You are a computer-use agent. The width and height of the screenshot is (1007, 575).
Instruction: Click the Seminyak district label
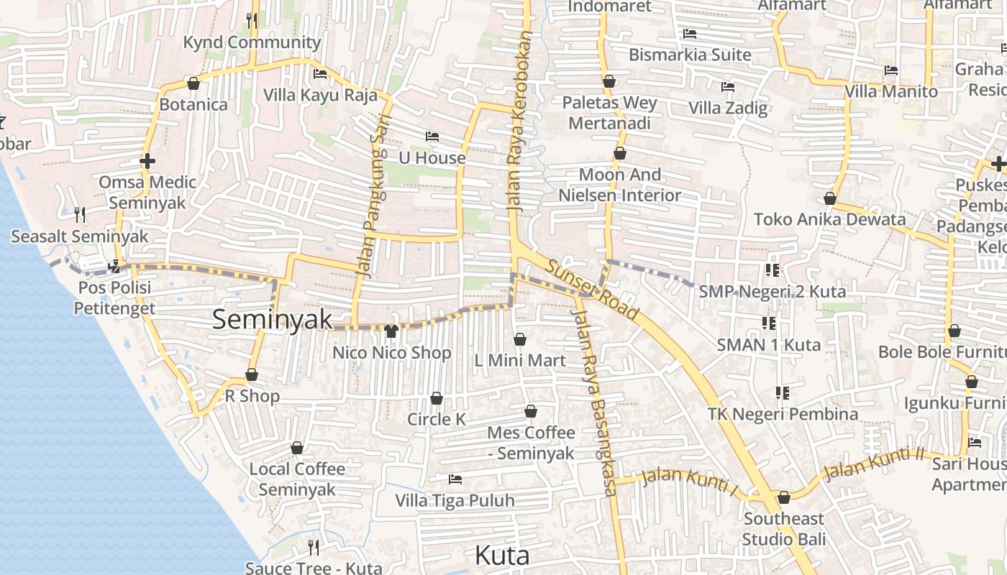tap(272, 320)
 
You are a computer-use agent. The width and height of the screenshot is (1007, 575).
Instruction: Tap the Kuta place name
tap(502, 556)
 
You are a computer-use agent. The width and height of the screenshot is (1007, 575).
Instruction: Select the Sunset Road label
tap(591, 290)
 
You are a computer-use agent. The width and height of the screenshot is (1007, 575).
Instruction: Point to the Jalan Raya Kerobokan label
tap(521, 121)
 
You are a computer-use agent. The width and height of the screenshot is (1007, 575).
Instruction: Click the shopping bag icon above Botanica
tap(193, 83)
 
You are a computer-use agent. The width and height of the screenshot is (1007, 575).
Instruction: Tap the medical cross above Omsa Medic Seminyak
tap(147, 161)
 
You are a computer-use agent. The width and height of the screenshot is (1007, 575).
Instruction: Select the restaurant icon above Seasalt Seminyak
tap(80, 214)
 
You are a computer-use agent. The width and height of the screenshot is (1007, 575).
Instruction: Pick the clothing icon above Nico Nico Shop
tap(391, 331)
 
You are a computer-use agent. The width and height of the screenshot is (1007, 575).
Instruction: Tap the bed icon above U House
tap(432, 136)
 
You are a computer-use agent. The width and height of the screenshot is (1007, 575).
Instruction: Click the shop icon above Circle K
tap(437, 398)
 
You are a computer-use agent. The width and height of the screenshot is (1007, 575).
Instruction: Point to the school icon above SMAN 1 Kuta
tap(768, 323)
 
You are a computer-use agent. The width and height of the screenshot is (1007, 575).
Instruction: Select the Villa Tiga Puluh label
tap(455, 500)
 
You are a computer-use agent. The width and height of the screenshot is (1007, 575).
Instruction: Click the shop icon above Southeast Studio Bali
tap(784, 497)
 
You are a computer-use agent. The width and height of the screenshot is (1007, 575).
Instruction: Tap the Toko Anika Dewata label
tap(829, 219)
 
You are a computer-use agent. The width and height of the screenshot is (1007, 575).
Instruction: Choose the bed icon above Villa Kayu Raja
tap(320, 73)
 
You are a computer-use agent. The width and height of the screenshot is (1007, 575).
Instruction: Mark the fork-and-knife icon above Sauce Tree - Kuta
tap(314, 548)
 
